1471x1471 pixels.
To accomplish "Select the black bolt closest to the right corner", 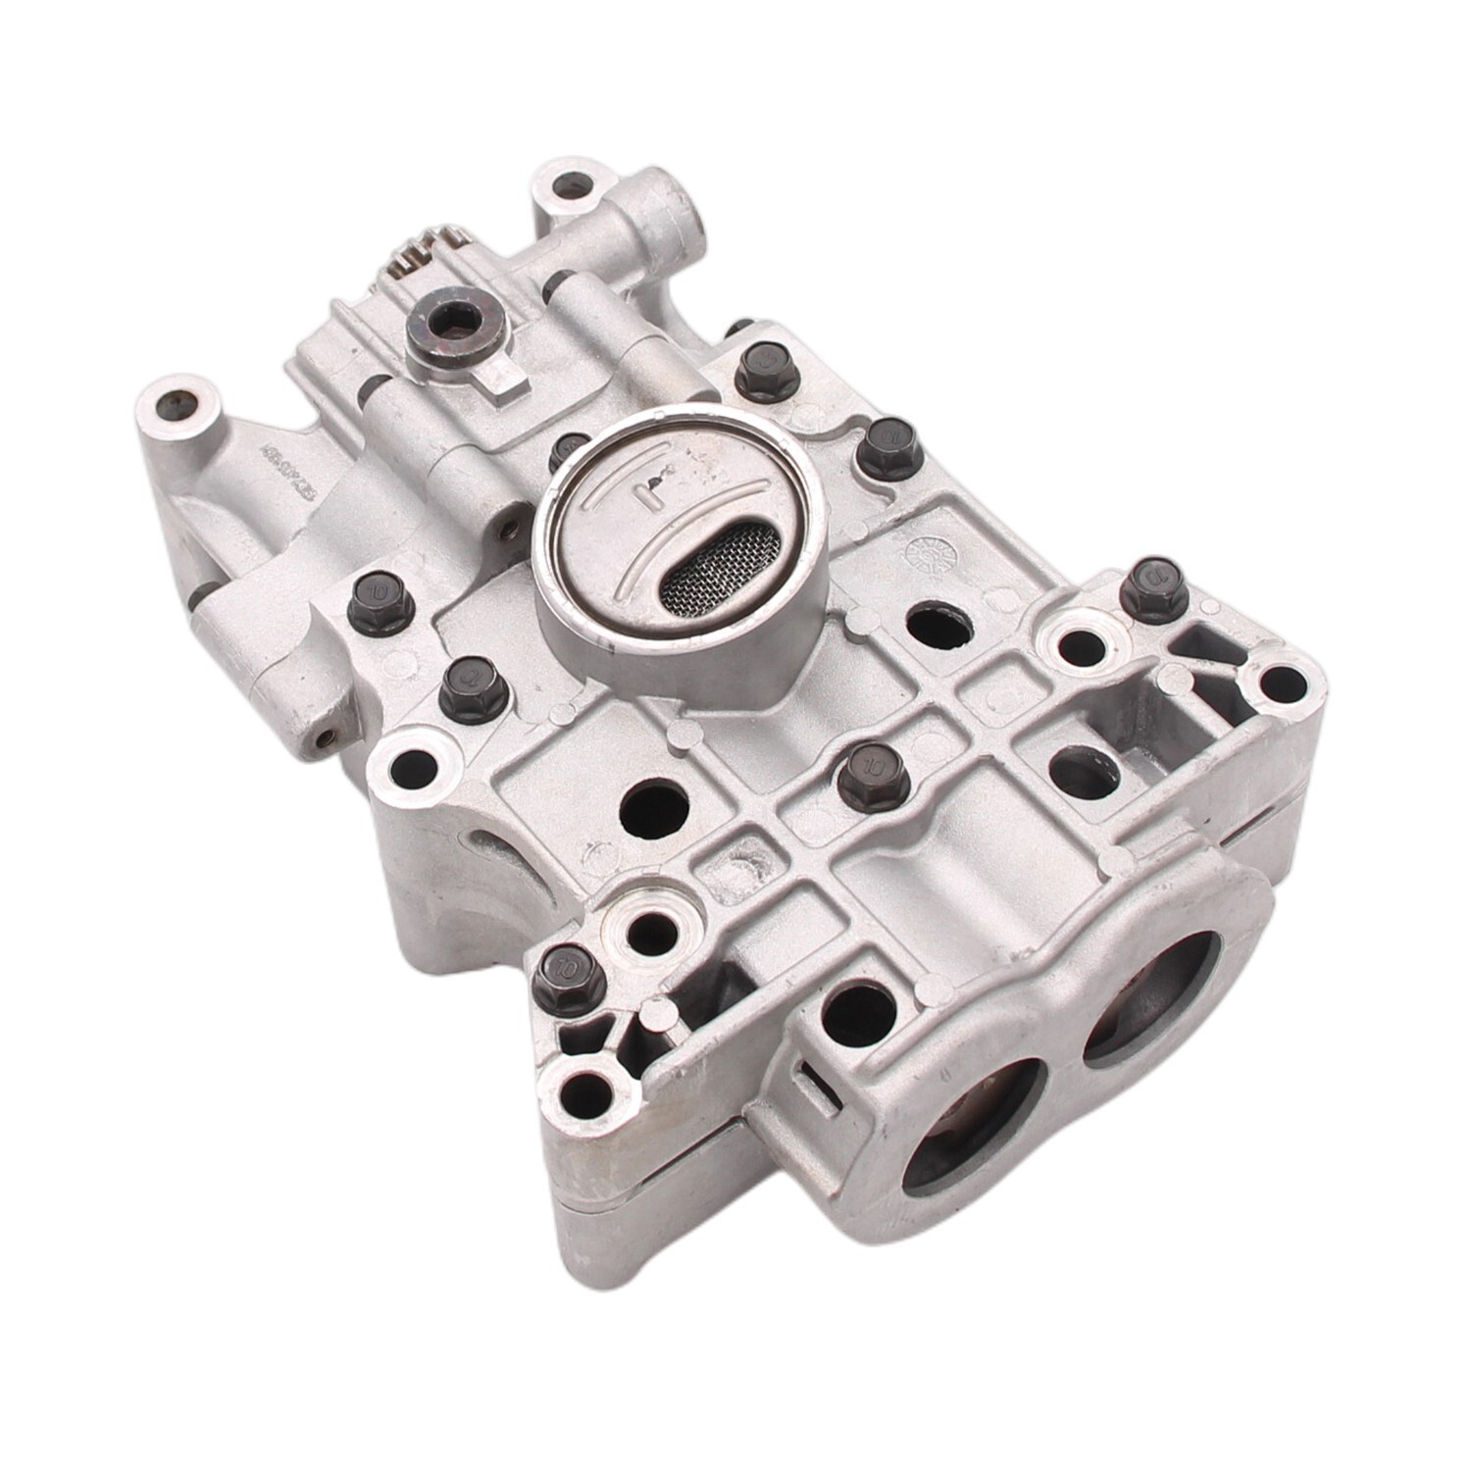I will [x=1153, y=587].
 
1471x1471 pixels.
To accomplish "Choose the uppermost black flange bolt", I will [x=762, y=367].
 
